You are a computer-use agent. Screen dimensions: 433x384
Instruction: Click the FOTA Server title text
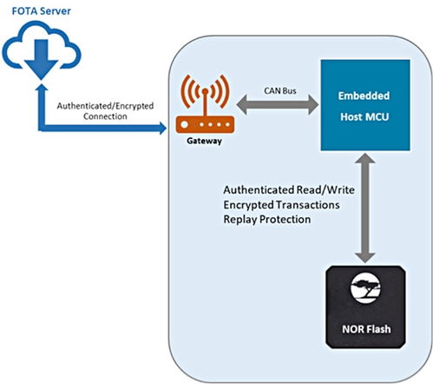tap(41, 11)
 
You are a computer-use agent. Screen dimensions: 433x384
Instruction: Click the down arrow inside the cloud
tap(42, 59)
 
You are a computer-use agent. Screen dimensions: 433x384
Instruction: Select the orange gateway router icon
tap(205, 104)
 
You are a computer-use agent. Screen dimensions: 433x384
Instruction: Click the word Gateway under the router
tap(204, 141)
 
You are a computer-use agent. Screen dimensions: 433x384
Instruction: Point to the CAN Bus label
tap(280, 91)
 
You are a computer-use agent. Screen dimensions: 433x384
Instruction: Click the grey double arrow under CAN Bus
tap(278, 104)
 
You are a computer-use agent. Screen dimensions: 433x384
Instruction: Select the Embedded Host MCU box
tap(365, 105)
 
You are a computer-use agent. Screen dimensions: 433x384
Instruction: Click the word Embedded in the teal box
tap(364, 96)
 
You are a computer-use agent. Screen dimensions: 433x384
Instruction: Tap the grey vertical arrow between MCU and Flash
tap(365, 208)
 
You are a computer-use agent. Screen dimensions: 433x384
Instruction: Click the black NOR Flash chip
tap(365, 307)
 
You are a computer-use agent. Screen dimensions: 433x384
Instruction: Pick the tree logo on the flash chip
tap(365, 288)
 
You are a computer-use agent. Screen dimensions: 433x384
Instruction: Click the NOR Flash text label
tap(366, 329)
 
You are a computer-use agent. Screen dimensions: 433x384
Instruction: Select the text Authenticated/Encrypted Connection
tap(105, 111)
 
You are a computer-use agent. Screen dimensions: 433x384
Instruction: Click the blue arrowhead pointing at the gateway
tap(163, 128)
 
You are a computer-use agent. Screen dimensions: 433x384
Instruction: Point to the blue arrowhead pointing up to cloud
tap(43, 88)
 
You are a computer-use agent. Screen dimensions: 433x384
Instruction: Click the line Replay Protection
tap(267, 219)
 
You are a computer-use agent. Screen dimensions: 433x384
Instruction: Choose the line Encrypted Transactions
tap(281, 205)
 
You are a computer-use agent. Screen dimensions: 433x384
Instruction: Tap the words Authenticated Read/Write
tap(289, 190)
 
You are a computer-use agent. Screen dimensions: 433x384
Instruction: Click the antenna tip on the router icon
tap(205, 91)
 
